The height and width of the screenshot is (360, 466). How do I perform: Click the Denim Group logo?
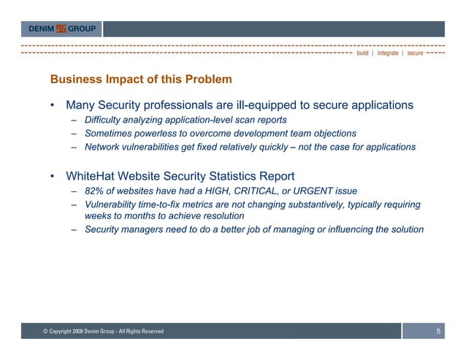point(61,29)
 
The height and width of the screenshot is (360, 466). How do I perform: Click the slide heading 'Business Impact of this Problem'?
point(140,79)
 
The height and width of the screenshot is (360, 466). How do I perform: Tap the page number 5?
point(438,332)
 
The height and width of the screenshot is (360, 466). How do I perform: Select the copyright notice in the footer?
point(103,332)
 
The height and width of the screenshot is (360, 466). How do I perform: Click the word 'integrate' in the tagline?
point(388,53)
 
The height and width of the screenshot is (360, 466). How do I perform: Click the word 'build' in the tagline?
point(362,53)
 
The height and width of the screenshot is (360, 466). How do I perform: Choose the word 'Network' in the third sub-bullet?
point(104,147)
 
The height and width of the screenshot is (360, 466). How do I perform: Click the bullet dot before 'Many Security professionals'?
point(53,106)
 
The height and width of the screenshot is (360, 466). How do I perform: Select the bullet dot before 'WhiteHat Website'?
point(53,177)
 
